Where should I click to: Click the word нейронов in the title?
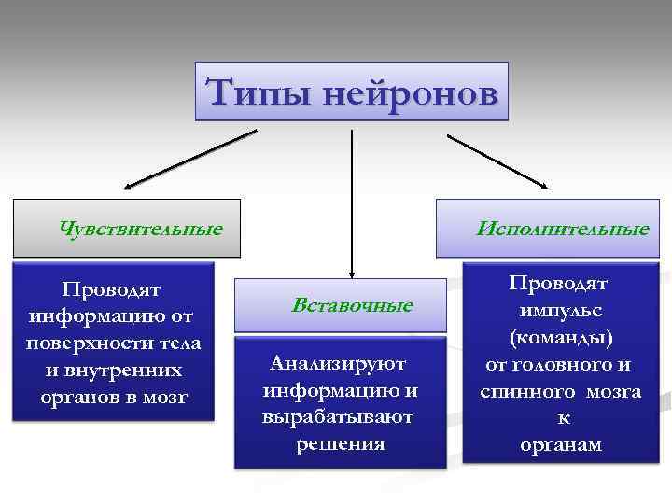point(406,92)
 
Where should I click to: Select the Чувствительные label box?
point(127,228)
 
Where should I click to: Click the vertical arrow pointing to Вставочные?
point(351,205)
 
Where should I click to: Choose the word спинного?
point(528,391)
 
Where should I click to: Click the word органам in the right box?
point(560,445)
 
